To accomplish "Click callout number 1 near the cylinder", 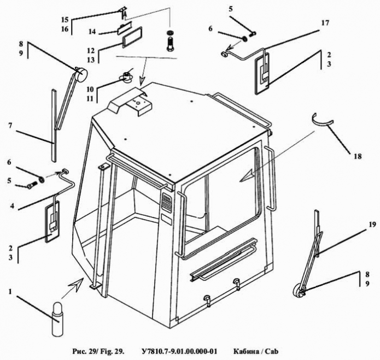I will pyautogui.click(x=10, y=291).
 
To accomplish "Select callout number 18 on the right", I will pyautogui.click(x=357, y=157).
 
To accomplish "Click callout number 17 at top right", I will pyautogui.click(x=325, y=23).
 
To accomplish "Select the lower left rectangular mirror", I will pyautogui.click(x=52, y=221).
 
